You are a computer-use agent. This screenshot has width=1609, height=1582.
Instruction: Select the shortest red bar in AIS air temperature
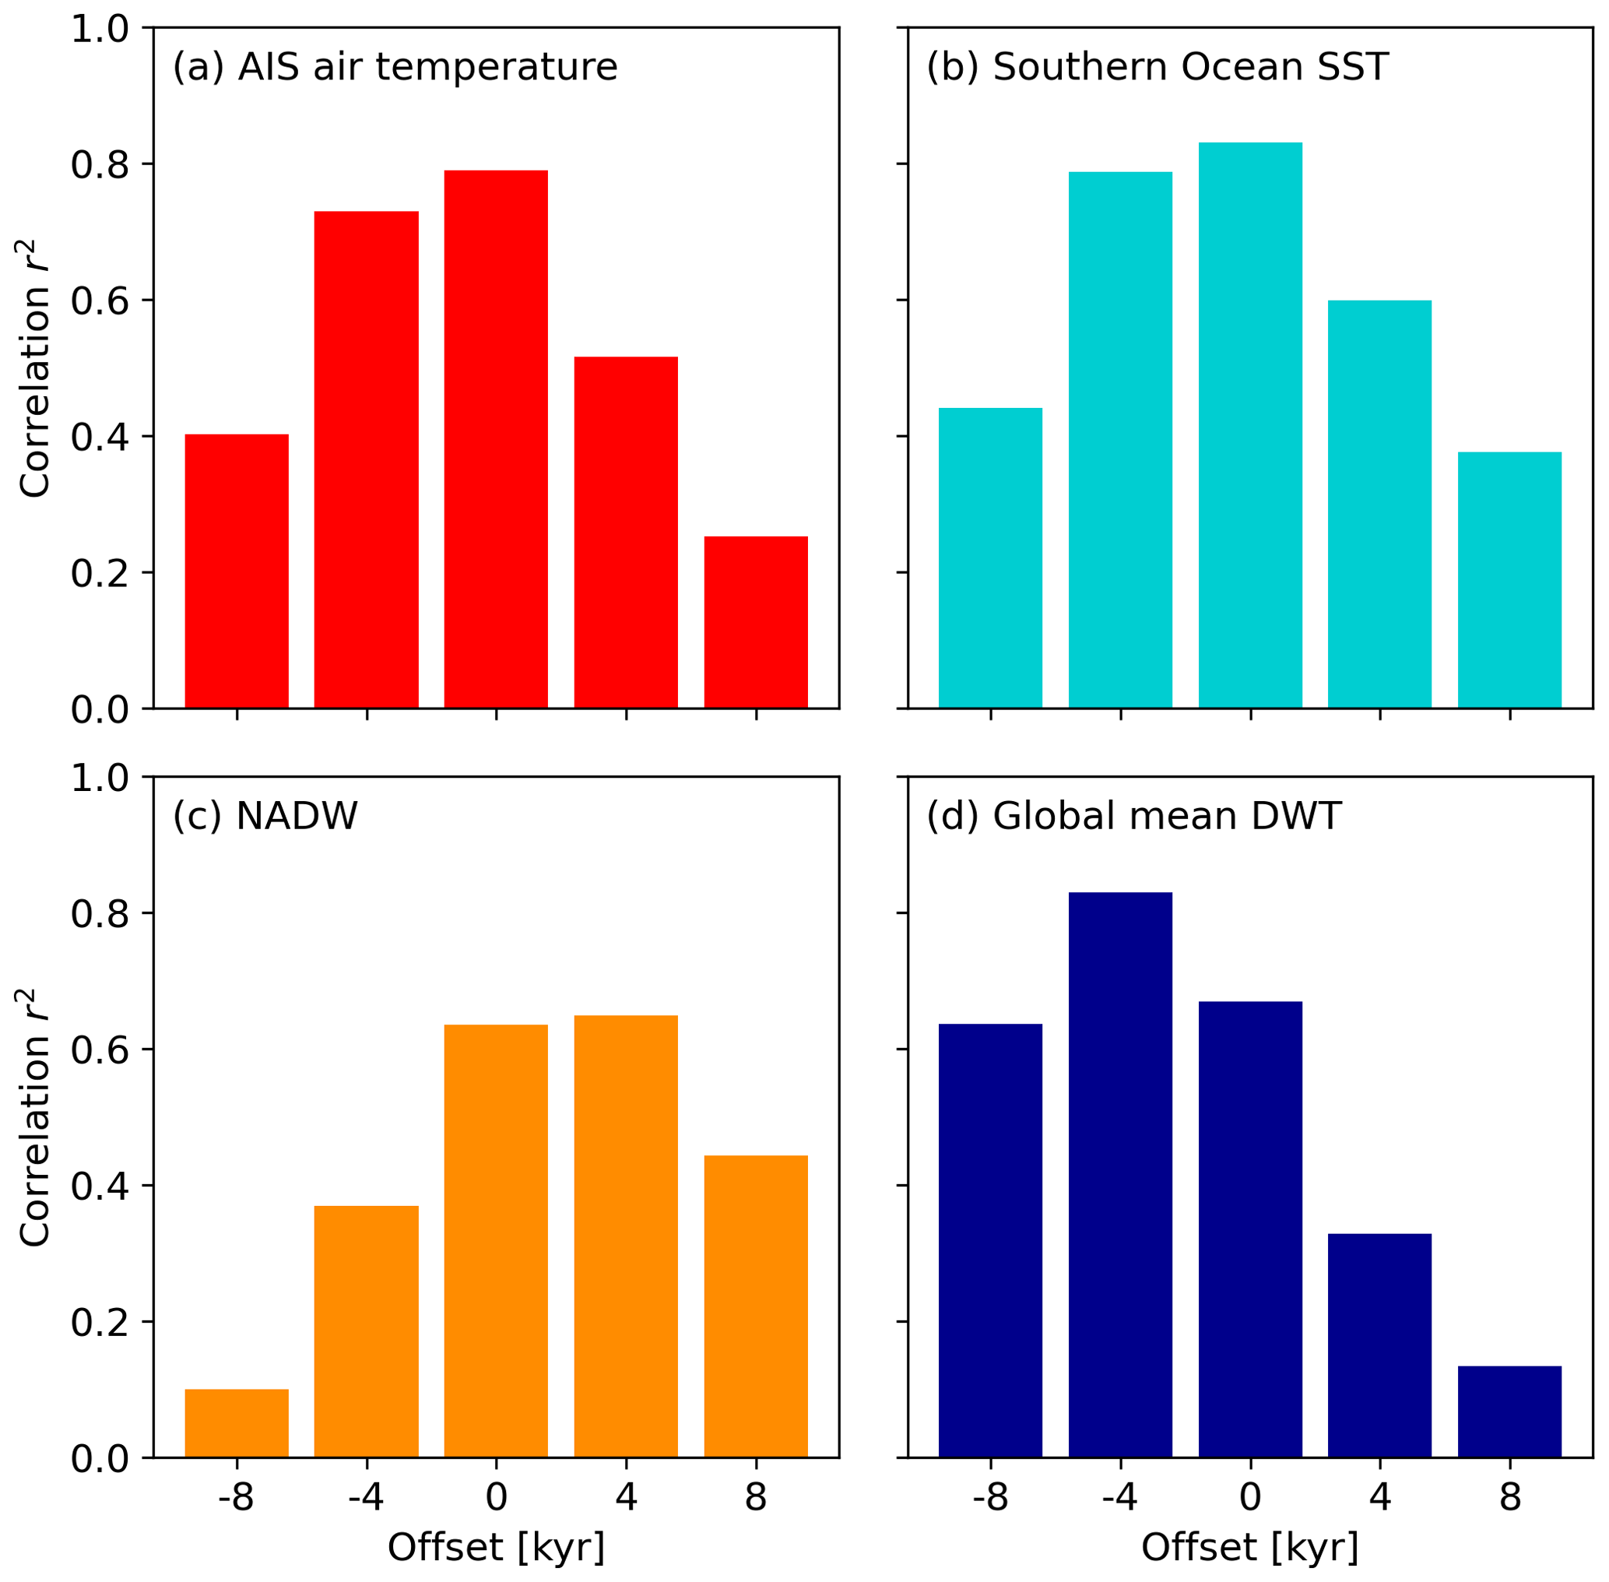[756, 622]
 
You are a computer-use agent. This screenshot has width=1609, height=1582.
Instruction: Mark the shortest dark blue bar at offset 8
[1509, 1411]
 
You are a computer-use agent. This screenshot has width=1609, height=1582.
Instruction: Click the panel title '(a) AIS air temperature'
[395, 66]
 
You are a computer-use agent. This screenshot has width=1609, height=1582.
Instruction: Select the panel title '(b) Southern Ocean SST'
[1157, 66]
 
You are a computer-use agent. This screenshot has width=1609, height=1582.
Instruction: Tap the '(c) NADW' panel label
[265, 816]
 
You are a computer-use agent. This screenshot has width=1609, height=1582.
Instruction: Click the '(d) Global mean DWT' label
[1134, 816]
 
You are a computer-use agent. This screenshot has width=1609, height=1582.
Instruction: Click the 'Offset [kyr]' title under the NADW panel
[496, 1547]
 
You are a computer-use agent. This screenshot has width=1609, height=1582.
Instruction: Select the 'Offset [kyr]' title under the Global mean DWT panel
[1250, 1547]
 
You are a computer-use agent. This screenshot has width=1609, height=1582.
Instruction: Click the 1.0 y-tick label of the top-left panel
[100, 30]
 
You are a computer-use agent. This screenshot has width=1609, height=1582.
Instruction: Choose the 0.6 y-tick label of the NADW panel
[100, 1050]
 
